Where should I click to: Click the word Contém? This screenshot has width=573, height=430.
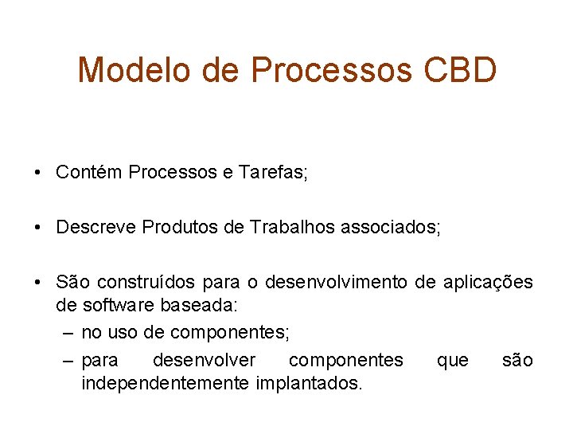coord(89,173)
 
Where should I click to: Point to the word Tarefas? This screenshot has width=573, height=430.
coord(272,173)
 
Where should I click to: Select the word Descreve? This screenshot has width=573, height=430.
coord(95,228)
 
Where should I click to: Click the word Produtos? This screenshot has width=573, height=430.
coord(181,228)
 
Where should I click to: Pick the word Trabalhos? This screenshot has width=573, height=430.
coord(292,228)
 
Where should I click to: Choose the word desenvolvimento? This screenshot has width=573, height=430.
coord(337,283)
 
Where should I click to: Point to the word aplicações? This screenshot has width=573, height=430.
coord(487,283)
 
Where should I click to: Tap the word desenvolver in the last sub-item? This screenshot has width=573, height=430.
coord(204,361)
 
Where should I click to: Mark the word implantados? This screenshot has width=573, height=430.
coord(309,384)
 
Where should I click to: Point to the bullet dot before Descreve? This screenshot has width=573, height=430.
coord(39,229)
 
